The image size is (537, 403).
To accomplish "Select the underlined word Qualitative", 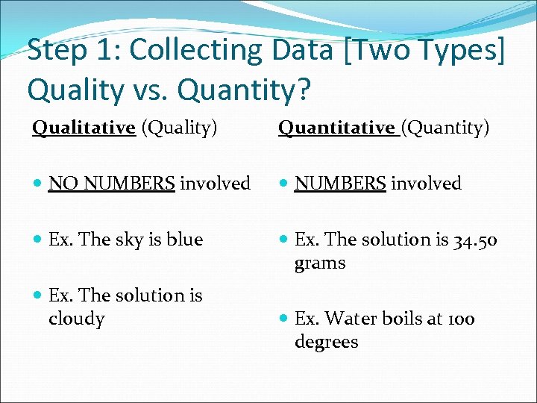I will click(84, 128).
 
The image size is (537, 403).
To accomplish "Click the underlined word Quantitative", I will click(337, 128).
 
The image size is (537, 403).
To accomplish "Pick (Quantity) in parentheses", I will click(446, 128).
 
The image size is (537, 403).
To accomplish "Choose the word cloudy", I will click(76, 319).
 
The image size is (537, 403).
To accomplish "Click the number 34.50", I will click(474, 240).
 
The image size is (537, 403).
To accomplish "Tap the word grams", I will click(320, 263).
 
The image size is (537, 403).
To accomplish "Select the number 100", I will click(461, 319).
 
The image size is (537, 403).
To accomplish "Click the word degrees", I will click(327, 342).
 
